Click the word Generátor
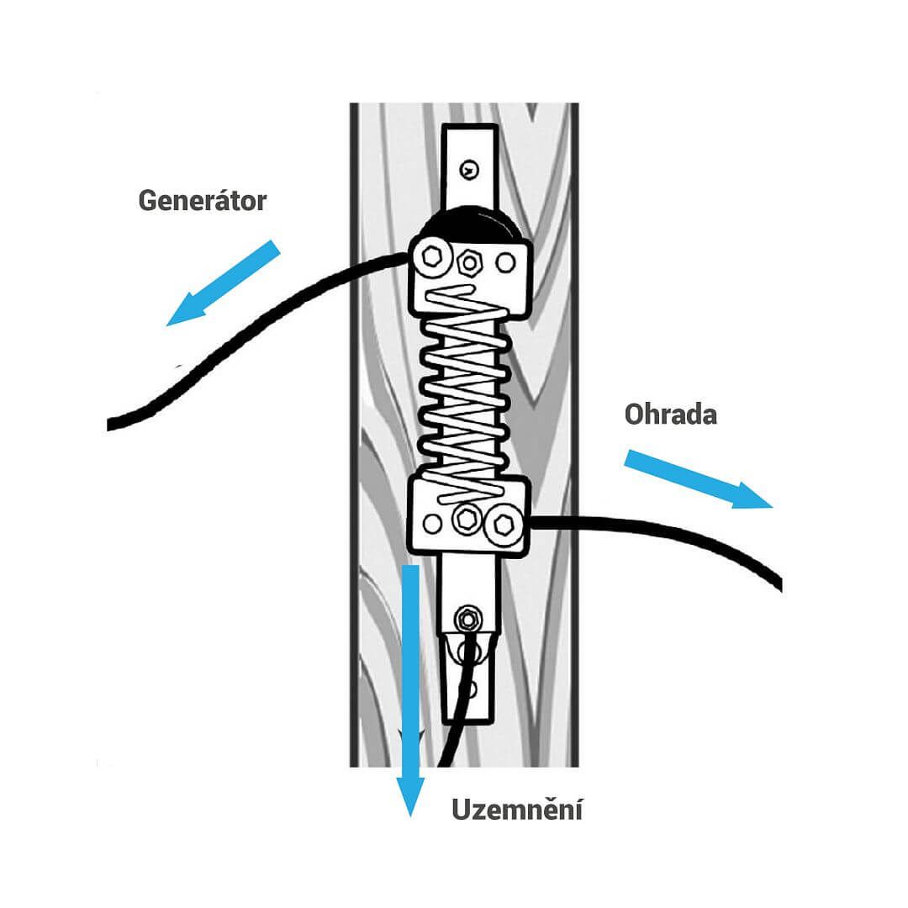click(x=202, y=201)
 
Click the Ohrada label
click(x=670, y=414)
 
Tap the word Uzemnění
click(x=517, y=810)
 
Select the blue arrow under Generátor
click(x=223, y=282)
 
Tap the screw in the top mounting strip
click(x=467, y=170)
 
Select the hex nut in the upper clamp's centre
click(x=469, y=262)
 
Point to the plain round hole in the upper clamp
click(x=505, y=262)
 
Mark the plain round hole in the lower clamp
click(x=431, y=524)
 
